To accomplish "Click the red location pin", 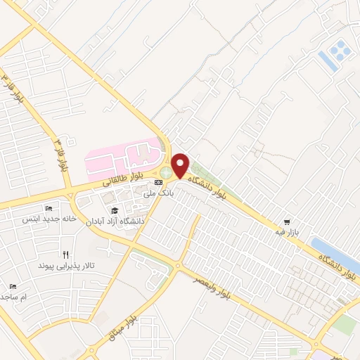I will coord(180,164).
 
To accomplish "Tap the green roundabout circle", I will coord(166,172).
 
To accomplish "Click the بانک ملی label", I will coord(157,192).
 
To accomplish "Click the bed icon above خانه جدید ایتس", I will coord(49,209).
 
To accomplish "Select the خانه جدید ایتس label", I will coord(49,219).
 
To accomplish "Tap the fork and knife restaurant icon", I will coord(65,255).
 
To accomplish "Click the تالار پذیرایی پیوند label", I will coord(65,266).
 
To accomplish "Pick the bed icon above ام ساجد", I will coord(13,286).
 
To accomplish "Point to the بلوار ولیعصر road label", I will coord(214,281).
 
